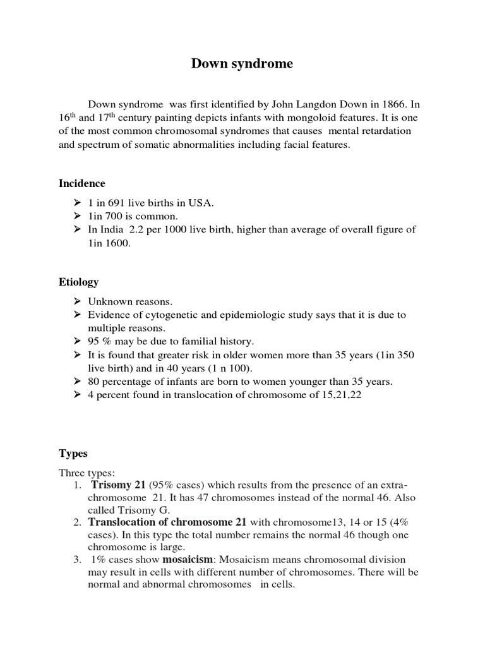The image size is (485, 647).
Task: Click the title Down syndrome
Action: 242,64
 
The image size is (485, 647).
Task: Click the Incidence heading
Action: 82,183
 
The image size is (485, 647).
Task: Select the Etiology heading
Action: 78,282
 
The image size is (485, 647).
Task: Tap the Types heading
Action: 73,453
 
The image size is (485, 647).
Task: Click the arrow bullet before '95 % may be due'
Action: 76,341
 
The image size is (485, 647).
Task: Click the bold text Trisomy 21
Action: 118,485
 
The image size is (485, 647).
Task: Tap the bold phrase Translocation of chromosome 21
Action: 169,522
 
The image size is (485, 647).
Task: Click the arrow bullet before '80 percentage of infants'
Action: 76,381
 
